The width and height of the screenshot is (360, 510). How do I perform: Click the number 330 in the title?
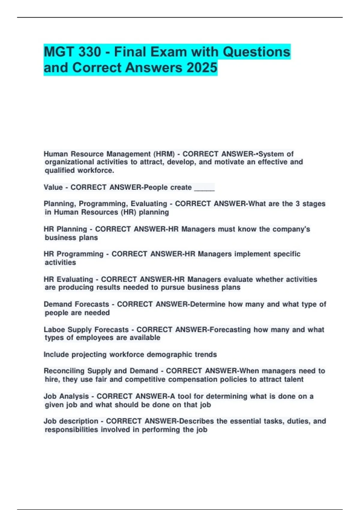pyautogui.click(x=90, y=52)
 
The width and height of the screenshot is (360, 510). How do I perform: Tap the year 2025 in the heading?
pyautogui.click(x=202, y=67)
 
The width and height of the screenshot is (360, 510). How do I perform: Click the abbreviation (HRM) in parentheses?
pyautogui.click(x=164, y=154)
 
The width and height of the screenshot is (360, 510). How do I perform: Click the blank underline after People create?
pyautogui.click(x=204, y=187)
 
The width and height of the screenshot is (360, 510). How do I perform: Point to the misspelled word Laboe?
pyautogui.click(x=54, y=330)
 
